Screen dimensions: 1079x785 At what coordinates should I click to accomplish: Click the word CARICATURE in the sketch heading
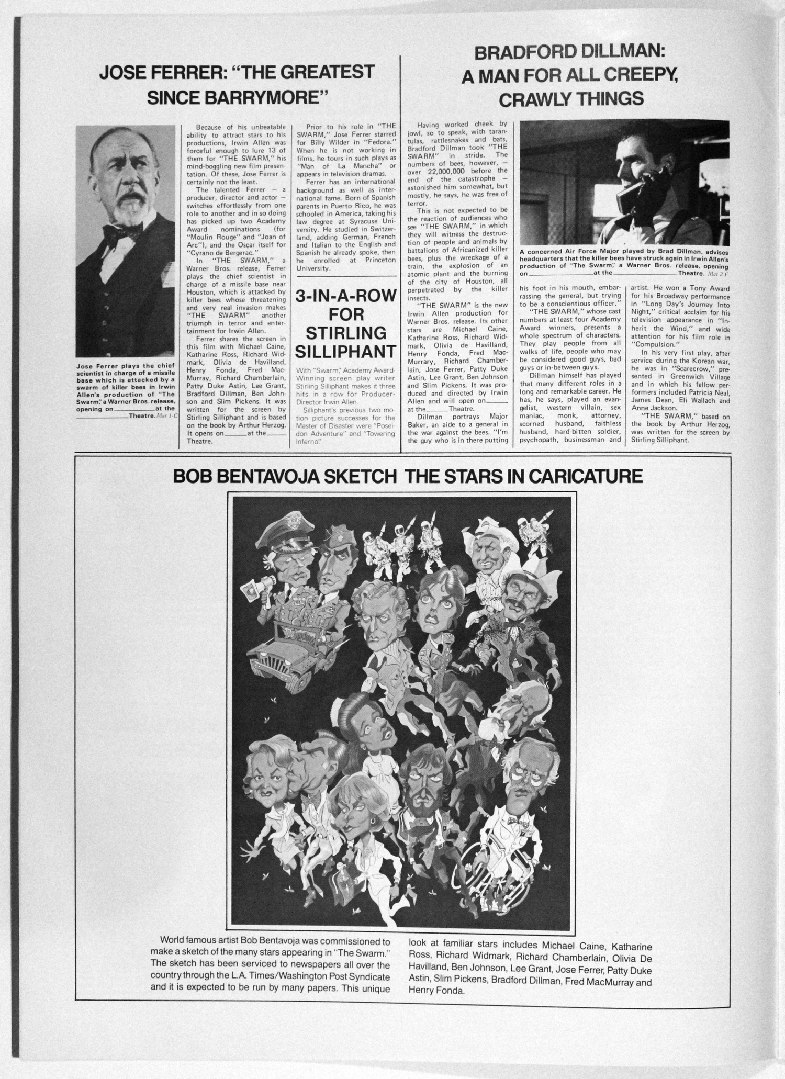585,476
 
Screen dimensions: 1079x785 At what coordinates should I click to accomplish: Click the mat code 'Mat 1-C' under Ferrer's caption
166,416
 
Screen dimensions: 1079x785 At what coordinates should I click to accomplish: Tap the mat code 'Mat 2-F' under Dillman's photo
718,273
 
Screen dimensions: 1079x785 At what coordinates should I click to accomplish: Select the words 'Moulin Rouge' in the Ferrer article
207,237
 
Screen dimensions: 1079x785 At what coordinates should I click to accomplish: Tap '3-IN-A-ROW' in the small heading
345,296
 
